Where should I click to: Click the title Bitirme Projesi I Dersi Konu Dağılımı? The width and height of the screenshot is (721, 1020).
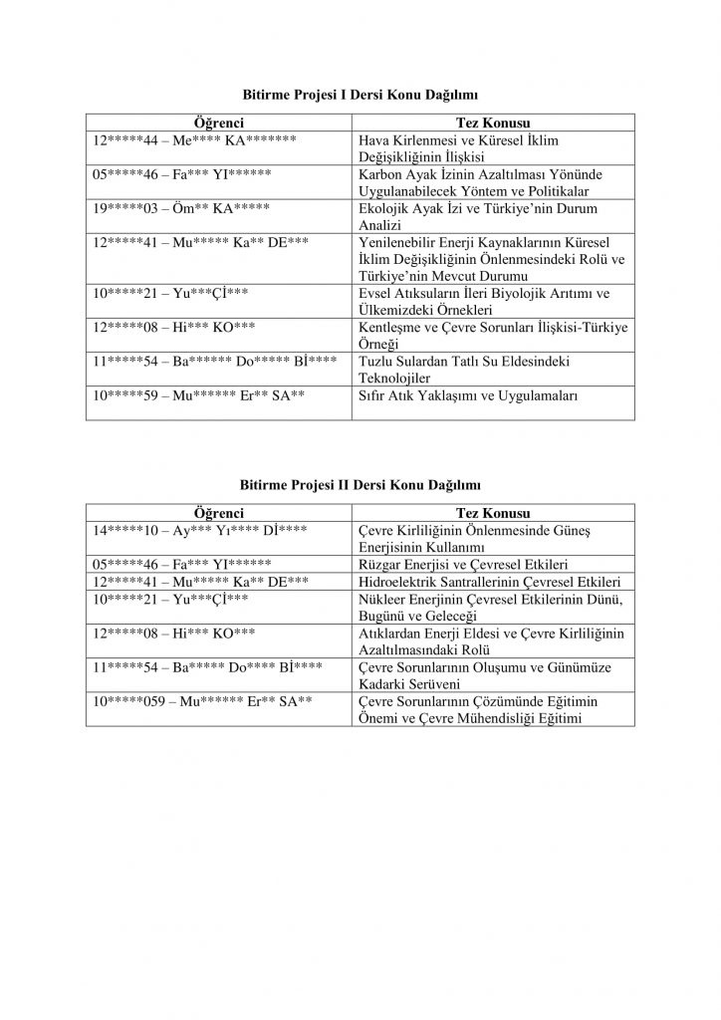click(x=360, y=95)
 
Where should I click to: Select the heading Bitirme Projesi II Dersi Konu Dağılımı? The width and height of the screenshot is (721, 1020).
click(x=360, y=485)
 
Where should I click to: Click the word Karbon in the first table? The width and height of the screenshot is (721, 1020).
click(x=379, y=174)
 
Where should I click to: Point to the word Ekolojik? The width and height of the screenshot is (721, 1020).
click(x=382, y=208)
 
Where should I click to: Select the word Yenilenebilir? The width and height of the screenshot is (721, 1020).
click(x=396, y=242)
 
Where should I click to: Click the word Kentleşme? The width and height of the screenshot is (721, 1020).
click(x=389, y=326)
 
